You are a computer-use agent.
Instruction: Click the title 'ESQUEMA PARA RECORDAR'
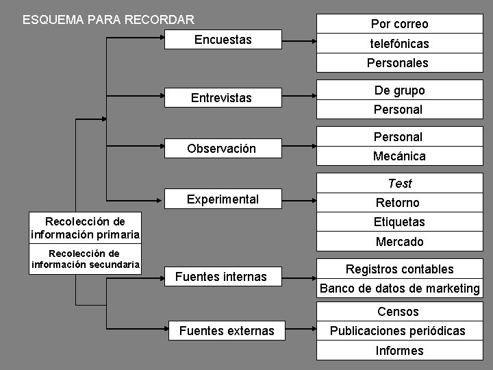pos(108,20)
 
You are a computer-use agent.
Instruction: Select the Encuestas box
pos(223,40)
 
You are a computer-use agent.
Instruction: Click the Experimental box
pos(223,199)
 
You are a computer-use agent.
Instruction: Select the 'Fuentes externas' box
pos(226,331)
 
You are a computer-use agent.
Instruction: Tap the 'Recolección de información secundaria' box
pos(85,259)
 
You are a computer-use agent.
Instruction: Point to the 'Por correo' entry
pos(399,24)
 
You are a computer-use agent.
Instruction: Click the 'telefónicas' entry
pos(399,43)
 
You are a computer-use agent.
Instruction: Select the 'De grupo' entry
pos(399,90)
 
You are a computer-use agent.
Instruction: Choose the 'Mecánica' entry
pos(399,156)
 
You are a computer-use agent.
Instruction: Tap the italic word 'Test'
pos(399,184)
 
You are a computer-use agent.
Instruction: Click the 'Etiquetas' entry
pos(399,222)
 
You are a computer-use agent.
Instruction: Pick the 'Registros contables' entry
pos(399,269)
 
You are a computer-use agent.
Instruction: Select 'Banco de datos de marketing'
pos(399,288)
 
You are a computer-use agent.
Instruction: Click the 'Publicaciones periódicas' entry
pos(398,331)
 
